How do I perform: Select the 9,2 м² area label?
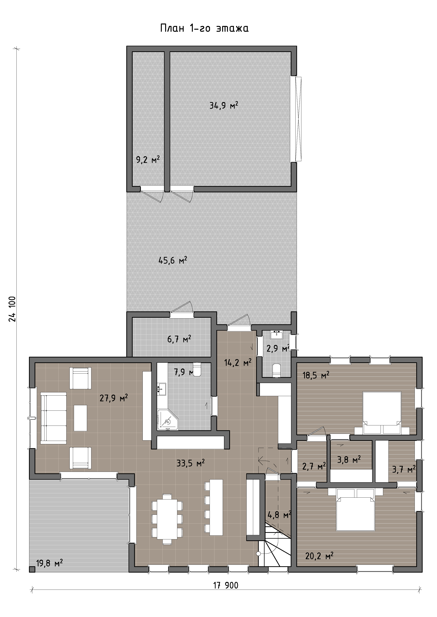(x=148, y=160)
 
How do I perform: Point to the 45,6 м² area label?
(x=172, y=260)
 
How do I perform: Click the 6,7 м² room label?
(x=179, y=339)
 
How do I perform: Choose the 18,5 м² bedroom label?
(x=316, y=375)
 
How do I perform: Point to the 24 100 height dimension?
(x=12, y=309)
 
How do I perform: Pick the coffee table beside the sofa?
(x=80, y=418)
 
